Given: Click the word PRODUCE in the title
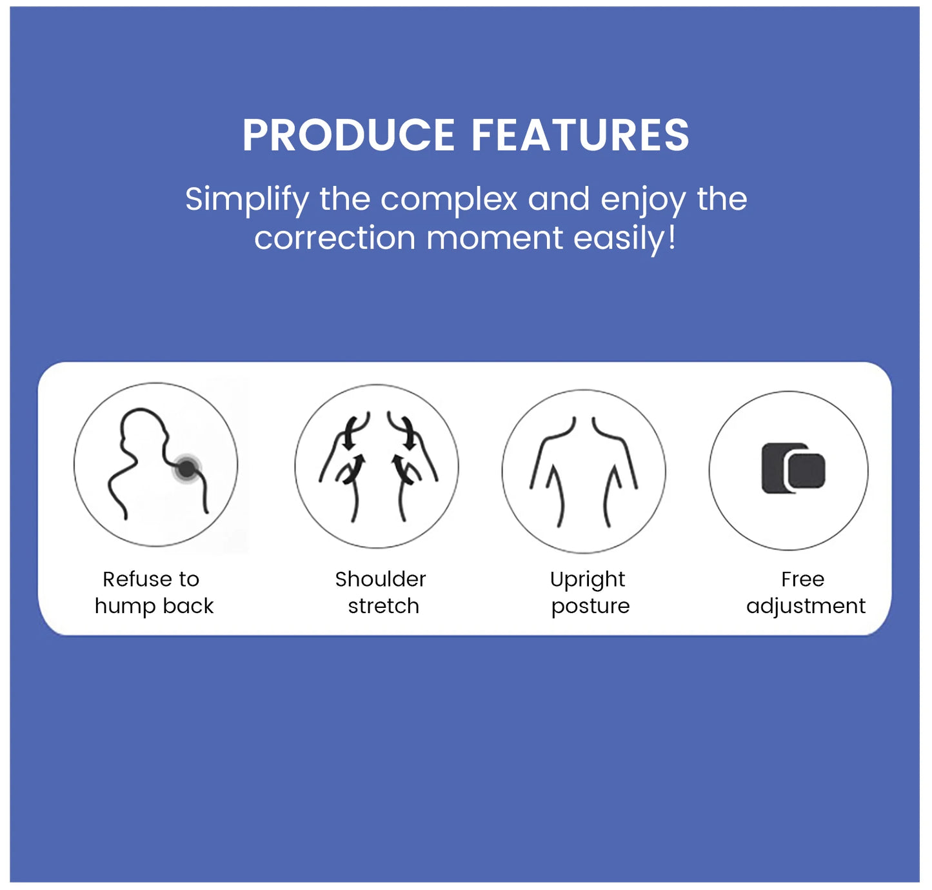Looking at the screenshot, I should click(348, 136).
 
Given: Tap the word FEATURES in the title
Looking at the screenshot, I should click(580, 136).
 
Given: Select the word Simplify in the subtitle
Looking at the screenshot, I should click(247, 200).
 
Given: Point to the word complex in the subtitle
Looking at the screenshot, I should click(449, 199).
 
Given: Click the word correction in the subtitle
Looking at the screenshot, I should click(334, 238).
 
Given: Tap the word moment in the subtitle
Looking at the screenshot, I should click(494, 238).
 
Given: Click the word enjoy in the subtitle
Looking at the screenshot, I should click(643, 200).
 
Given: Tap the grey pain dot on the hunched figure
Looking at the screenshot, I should click(187, 469).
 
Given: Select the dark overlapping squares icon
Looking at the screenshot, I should click(793, 469).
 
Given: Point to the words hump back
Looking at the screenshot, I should click(154, 606).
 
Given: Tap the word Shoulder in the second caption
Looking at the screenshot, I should click(381, 579).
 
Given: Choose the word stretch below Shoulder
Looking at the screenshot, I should click(384, 606).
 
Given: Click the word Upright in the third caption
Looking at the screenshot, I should click(588, 580).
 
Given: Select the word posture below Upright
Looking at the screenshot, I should click(590, 607).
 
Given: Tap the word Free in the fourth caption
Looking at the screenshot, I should click(802, 579).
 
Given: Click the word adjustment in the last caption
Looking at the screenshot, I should click(806, 606).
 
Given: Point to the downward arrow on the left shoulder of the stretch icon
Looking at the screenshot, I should click(349, 434).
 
